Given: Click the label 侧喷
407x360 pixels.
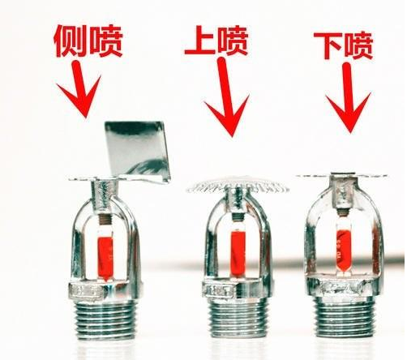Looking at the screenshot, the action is click(88, 41).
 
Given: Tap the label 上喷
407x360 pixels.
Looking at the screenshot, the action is click(216, 41).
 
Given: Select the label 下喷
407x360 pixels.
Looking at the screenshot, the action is click(344, 46).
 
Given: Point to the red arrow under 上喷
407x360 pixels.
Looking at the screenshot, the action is click(226, 97).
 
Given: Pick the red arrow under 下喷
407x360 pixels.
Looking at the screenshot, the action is click(348, 97).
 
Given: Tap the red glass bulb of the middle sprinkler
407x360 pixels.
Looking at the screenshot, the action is click(238, 254).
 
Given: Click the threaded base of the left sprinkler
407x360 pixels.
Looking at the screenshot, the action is click(105, 319).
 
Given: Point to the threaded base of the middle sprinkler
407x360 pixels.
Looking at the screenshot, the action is click(238, 318).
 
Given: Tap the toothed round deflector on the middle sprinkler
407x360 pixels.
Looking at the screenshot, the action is click(238, 185).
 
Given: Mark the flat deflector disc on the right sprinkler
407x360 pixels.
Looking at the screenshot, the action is click(342, 176).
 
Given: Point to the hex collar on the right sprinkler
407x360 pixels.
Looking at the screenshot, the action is click(344, 286).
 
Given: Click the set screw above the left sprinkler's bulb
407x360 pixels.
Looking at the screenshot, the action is click(105, 219).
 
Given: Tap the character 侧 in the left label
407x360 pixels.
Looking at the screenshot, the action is click(71, 41).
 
